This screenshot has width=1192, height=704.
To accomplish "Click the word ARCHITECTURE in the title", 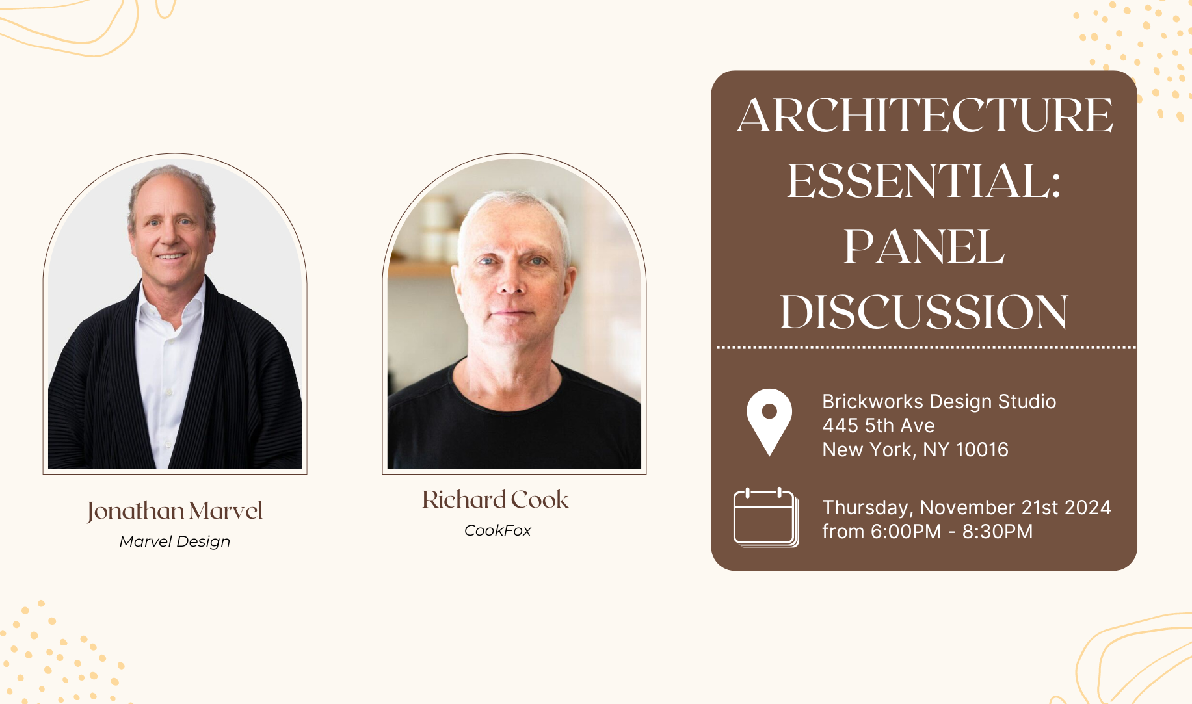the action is (924, 115).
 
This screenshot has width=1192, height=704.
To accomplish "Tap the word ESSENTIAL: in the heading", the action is (923, 181).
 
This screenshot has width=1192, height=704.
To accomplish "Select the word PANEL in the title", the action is (923, 247).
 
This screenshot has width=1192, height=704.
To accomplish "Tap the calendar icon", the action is (765, 517).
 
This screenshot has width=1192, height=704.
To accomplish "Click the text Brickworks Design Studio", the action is (939, 402).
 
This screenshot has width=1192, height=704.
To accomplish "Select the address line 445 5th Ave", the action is (879, 426).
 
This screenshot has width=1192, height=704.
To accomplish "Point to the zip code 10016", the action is (982, 450).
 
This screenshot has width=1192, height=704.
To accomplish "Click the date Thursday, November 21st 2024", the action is (966, 508).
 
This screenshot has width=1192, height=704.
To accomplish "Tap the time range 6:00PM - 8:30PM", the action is (951, 532).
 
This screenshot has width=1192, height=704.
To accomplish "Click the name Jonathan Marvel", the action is (175, 511).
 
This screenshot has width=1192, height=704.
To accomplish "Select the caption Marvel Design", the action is (175, 541).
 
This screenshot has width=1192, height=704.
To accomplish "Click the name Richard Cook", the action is (496, 499).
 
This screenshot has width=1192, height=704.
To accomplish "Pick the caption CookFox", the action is (497, 530).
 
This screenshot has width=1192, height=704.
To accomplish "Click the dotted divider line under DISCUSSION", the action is (926, 348).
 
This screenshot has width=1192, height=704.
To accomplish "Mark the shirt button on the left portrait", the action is (169, 392).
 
